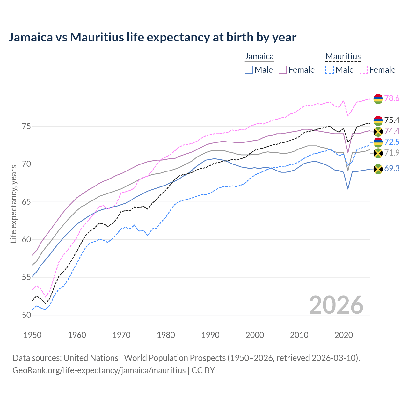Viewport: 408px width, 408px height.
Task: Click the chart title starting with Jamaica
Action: point(152,37)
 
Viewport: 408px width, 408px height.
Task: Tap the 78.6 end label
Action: point(392,98)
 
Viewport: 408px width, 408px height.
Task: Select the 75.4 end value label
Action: point(392,120)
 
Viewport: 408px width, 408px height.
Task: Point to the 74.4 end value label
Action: point(392,131)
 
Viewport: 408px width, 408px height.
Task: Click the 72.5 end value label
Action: point(392,142)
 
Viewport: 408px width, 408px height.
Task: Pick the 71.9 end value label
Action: point(392,153)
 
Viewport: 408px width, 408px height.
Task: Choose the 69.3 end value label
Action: point(392,168)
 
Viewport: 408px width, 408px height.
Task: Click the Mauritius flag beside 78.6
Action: point(378,99)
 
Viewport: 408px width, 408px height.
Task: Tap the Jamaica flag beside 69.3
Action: point(378,169)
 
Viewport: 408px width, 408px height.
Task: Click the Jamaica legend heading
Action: point(259,57)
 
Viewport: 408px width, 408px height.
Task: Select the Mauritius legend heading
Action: point(343,57)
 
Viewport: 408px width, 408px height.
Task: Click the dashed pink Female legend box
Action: point(364,70)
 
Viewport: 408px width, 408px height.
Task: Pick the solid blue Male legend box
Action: point(249,70)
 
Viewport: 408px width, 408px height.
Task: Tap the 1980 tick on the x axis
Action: point(166,335)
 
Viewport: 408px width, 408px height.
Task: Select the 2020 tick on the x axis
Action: point(344,335)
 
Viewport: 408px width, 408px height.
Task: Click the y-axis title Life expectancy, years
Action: point(14,204)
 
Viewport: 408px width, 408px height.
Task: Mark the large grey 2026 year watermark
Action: point(336,305)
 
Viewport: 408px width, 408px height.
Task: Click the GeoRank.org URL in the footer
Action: point(99,370)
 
